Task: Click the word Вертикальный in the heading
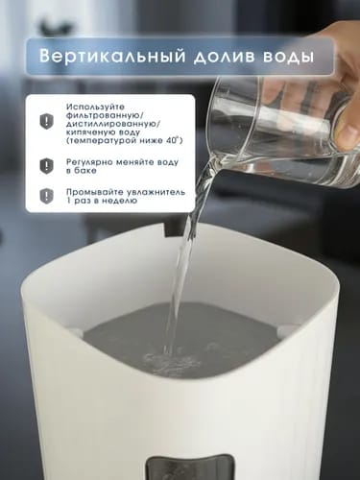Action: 113,57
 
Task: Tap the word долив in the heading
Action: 224,57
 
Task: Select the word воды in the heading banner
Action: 287,57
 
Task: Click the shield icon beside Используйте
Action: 47,122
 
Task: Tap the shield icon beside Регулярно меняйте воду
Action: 47,166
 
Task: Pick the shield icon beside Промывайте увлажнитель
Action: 47,196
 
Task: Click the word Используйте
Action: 95,107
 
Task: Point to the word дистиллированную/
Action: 112,124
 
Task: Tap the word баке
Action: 85,171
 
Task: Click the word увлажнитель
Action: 156,192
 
